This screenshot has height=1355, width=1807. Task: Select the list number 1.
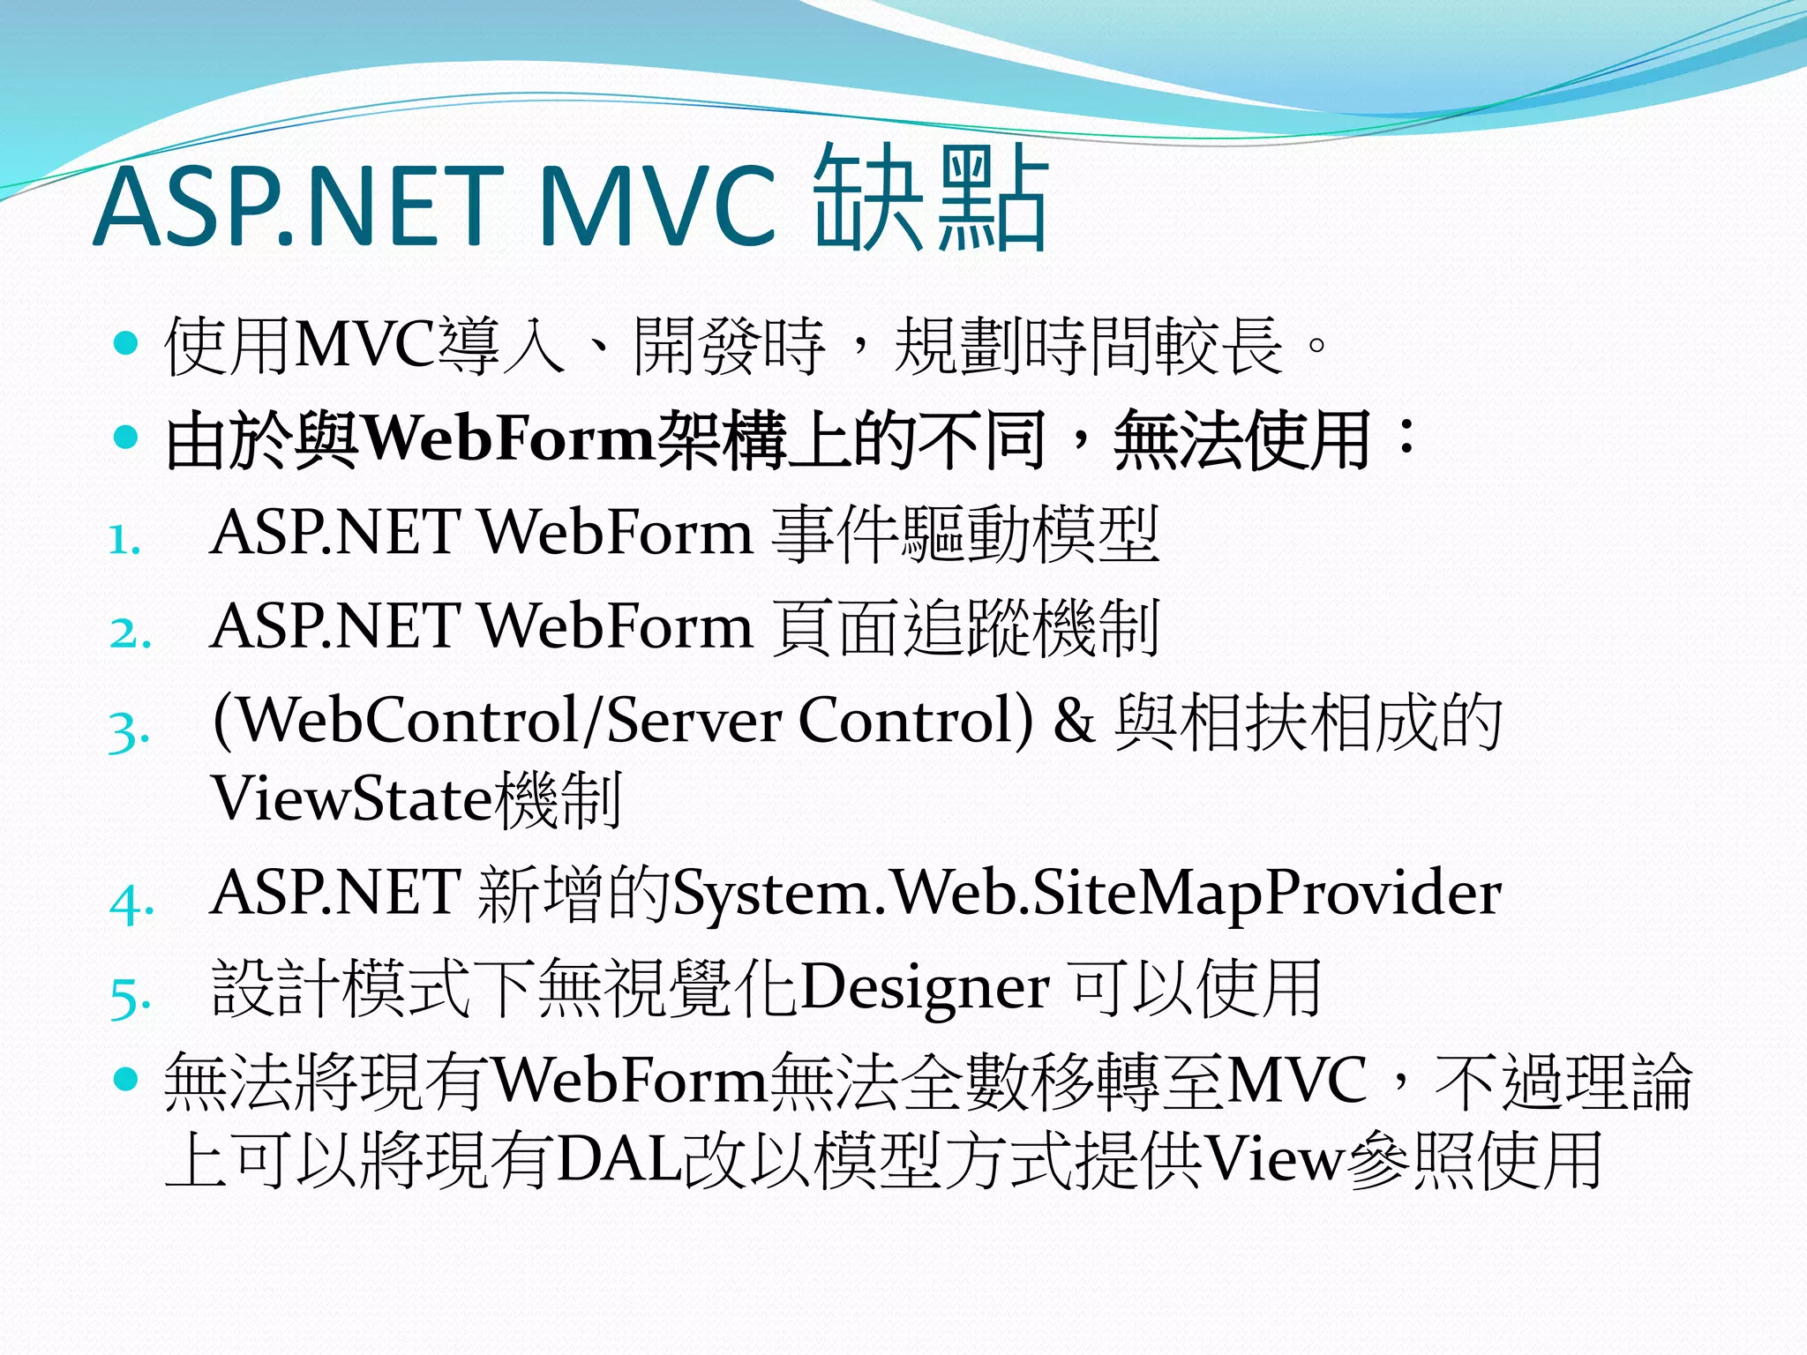point(124,540)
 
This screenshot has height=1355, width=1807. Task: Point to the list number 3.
point(128,730)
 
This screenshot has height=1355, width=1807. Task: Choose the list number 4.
point(131,902)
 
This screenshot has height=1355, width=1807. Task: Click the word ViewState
point(351,799)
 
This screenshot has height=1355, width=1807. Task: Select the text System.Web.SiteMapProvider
point(1086,894)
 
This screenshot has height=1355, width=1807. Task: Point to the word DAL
point(619,1159)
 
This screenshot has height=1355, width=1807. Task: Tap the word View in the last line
point(1273,1159)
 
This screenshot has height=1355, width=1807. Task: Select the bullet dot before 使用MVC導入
point(127,342)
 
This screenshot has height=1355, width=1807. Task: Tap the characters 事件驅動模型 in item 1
point(964,534)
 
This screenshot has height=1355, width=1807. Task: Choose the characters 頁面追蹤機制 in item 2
point(964,627)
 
